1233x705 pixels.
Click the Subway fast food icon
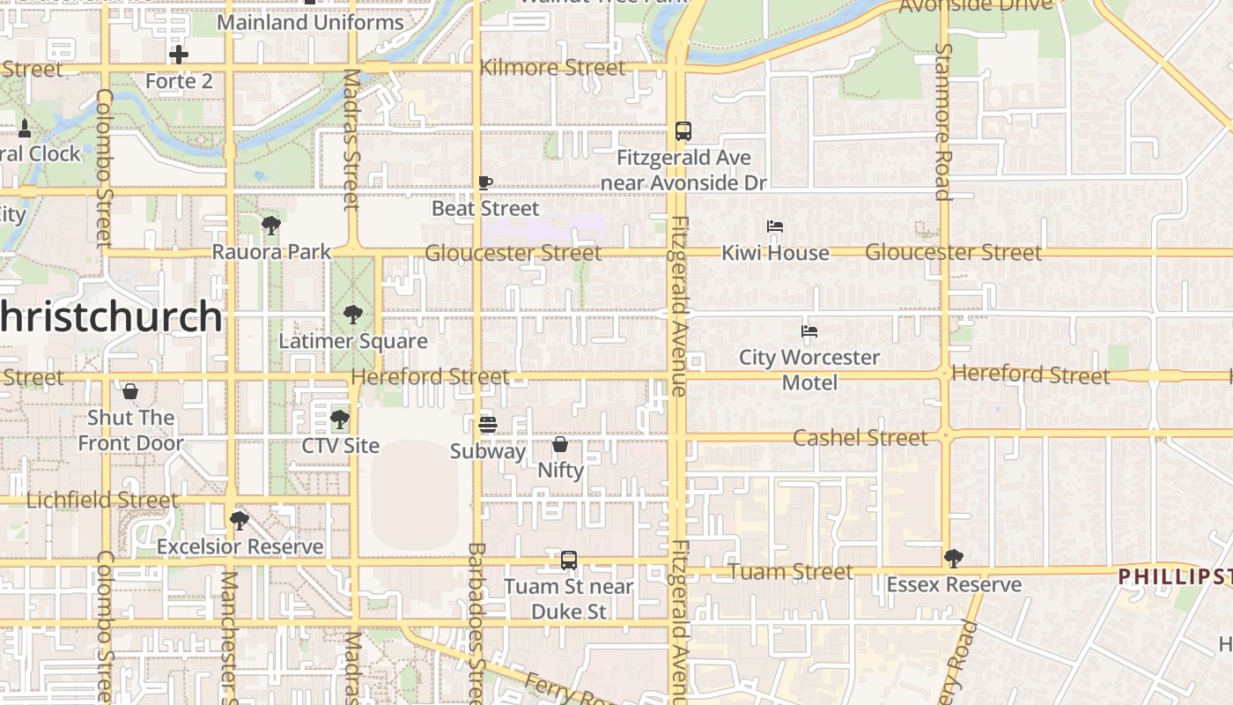tap(488, 425)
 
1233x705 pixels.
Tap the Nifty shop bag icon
tap(560, 444)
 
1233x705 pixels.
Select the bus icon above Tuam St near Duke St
tap(569, 560)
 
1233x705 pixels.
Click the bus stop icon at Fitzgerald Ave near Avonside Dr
tap(683, 131)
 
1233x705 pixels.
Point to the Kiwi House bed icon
tap(775, 226)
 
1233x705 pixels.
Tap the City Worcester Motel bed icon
tap(809, 331)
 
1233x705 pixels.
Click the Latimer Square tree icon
tap(352, 314)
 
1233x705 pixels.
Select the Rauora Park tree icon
tap(271, 226)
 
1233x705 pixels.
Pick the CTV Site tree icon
tap(340, 419)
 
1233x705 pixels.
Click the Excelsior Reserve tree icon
tap(239, 520)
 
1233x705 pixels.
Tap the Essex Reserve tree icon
tap(953, 558)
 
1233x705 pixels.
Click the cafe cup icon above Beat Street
tap(484, 182)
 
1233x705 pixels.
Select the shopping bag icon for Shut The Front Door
tap(130, 390)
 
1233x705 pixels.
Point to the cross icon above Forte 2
tap(179, 55)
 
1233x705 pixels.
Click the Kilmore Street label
tap(552, 68)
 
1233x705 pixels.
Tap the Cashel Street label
tap(860, 438)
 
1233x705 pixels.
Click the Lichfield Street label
tap(102, 501)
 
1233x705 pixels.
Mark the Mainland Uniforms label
tap(310, 22)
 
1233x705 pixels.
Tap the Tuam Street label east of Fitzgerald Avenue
tap(791, 572)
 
